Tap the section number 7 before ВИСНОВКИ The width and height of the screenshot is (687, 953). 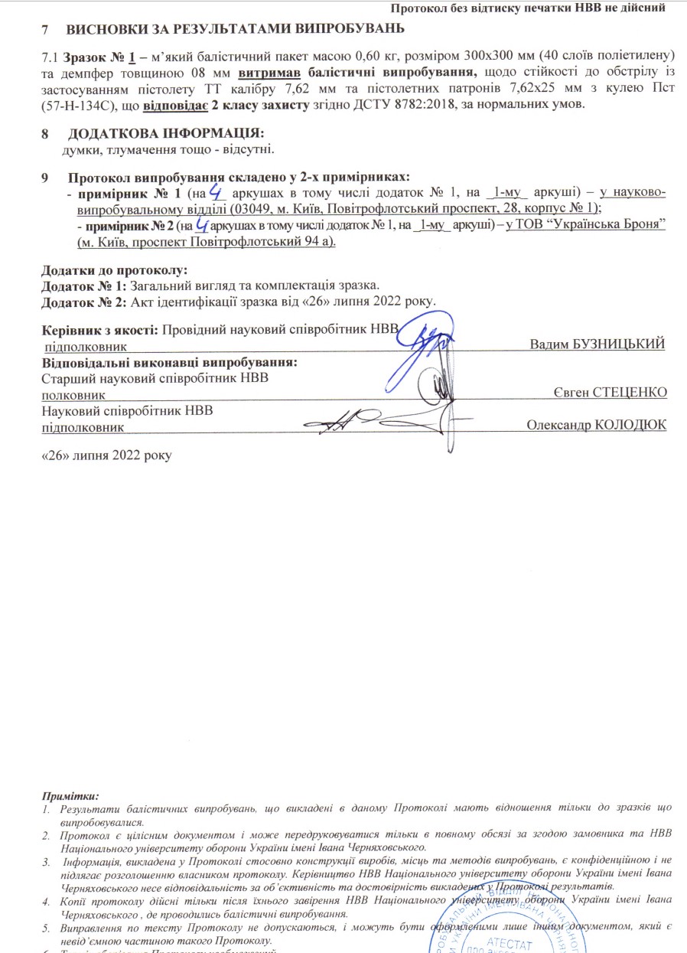(47, 30)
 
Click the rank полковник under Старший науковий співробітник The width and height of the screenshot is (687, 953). (68, 393)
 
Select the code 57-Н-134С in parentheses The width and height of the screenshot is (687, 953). (77, 104)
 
